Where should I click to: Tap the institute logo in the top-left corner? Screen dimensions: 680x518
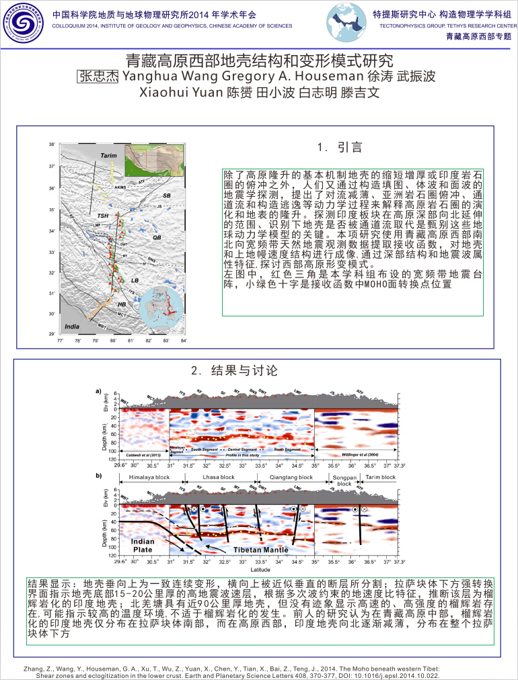(22, 24)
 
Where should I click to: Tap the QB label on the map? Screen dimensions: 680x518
(157, 238)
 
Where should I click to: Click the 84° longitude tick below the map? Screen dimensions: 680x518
(183, 341)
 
